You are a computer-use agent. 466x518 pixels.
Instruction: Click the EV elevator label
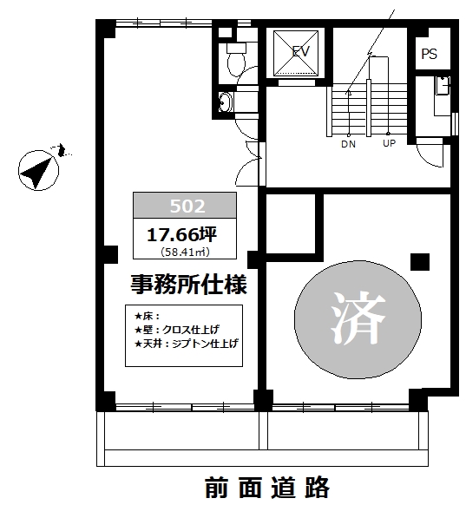[x=301, y=51]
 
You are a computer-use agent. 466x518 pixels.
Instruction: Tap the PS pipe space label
[x=430, y=54]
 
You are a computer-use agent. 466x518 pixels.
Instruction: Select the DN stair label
[x=348, y=144]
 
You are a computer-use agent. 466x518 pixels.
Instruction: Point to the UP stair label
[x=389, y=144]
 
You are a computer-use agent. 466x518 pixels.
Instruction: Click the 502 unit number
[x=187, y=207]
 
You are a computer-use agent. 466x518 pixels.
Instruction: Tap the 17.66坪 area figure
[x=181, y=235]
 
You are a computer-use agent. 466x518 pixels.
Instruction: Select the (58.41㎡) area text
[x=185, y=252]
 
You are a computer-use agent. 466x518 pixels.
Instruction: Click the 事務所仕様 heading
[x=188, y=285]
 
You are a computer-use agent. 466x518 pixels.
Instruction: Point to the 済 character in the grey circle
[x=358, y=318]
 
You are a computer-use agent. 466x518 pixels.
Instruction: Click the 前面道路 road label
[x=267, y=488]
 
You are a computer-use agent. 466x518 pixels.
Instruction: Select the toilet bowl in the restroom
[x=236, y=60]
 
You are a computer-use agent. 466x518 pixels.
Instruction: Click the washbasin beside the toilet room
[x=226, y=102]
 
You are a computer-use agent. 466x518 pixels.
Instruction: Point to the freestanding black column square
[x=420, y=262]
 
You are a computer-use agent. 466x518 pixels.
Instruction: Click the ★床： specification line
[x=148, y=316]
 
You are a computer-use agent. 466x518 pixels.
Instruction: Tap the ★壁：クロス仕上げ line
[x=177, y=330]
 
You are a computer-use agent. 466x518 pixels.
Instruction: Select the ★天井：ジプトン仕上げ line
[x=187, y=344]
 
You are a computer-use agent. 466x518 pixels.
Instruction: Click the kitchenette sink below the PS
[x=442, y=85]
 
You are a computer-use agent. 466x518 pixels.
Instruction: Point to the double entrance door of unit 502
[x=248, y=163]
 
